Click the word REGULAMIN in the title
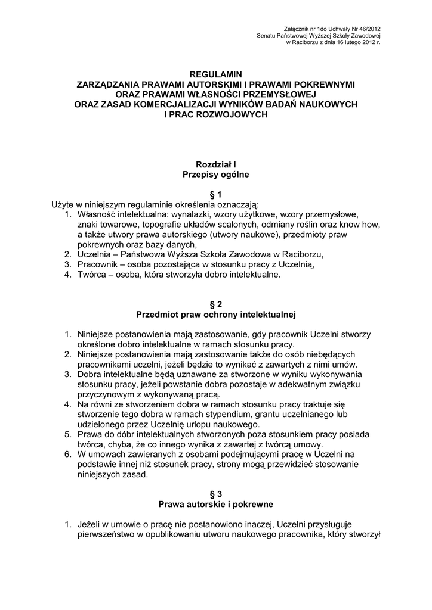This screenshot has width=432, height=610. [215, 74]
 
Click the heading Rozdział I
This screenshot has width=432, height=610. [215, 164]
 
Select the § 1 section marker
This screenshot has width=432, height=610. [215, 194]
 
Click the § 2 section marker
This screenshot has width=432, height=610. [215, 303]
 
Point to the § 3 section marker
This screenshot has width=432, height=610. [215, 494]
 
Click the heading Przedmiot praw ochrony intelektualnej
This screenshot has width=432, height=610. [215, 313]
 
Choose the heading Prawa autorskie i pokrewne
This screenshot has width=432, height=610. [215, 504]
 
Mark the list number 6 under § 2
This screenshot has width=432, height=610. [68, 455]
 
